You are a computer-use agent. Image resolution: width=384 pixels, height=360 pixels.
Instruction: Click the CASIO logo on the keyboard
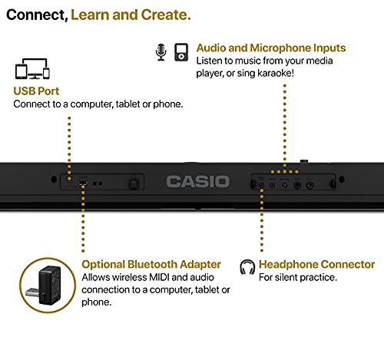[197, 182]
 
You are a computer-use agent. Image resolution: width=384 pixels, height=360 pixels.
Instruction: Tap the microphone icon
[161, 52]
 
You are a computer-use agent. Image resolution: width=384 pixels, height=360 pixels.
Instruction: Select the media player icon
[181, 52]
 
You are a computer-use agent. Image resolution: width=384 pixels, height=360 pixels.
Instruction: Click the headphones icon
[247, 267]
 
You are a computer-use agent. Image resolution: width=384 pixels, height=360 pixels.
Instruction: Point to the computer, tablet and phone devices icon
[32, 68]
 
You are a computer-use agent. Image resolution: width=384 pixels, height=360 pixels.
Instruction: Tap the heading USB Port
[36, 91]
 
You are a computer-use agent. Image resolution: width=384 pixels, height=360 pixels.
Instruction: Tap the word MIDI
[159, 277]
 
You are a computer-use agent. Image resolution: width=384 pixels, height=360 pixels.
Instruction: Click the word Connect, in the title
[37, 15]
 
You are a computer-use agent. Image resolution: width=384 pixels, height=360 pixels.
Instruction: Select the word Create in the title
[166, 15]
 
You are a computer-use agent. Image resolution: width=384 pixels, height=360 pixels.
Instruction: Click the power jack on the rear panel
[134, 183]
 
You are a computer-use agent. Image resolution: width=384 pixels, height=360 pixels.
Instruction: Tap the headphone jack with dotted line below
[261, 185]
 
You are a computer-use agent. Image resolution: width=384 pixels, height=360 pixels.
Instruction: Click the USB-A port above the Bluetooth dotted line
[82, 183]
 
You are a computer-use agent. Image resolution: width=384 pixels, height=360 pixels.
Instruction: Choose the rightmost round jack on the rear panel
[310, 185]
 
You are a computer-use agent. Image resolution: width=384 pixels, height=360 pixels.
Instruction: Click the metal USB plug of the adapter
[32, 293]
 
